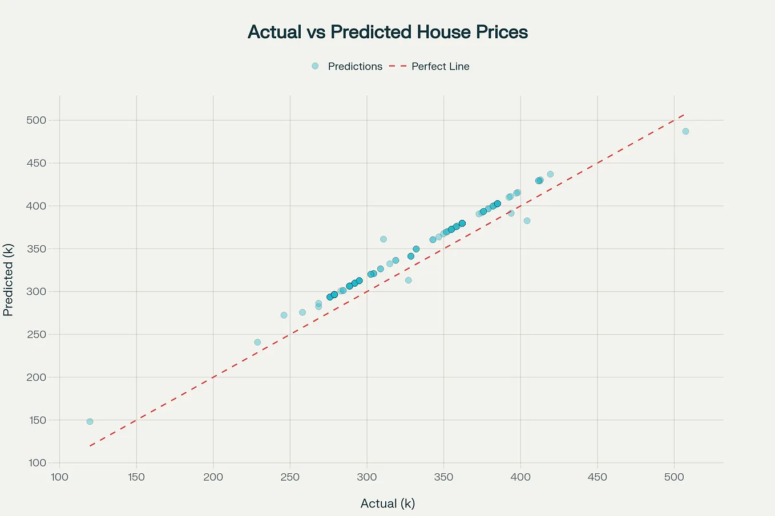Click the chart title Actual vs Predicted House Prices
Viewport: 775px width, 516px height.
pyautogui.click(x=387, y=32)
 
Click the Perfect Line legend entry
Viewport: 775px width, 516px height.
pyautogui.click(x=429, y=66)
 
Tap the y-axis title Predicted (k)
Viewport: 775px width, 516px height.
pyautogui.click(x=8, y=279)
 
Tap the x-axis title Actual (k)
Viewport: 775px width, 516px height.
pyautogui.click(x=387, y=503)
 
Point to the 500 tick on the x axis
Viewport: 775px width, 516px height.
pyautogui.click(x=674, y=477)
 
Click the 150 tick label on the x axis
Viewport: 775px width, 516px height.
pyautogui.click(x=136, y=477)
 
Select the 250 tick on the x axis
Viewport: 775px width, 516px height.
pyautogui.click(x=290, y=477)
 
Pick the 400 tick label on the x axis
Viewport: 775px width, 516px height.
pyautogui.click(x=520, y=477)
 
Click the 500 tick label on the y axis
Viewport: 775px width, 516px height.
pyautogui.click(x=35, y=120)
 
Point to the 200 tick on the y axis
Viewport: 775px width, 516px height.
pyautogui.click(x=35, y=377)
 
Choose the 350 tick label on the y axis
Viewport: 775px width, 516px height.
pyautogui.click(x=35, y=249)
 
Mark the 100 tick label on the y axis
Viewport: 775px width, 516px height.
pyautogui.click(x=35, y=463)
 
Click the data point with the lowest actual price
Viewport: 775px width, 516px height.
pyautogui.click(x=90, y=421)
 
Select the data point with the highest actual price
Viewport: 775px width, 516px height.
pyautogui.click(x=685, y=131)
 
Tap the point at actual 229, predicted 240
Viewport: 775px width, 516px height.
pyautogui.click(x=257, y=342)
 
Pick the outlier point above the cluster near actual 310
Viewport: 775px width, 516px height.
pyautogui.click(x=384, y=239)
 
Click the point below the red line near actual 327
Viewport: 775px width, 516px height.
pyautogui.click(x=408, y=280)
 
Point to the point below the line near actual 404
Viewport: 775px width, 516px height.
pyautogui.click(x=527, y=221)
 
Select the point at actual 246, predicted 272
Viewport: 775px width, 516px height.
pyautogui.click(x=284, y=315)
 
